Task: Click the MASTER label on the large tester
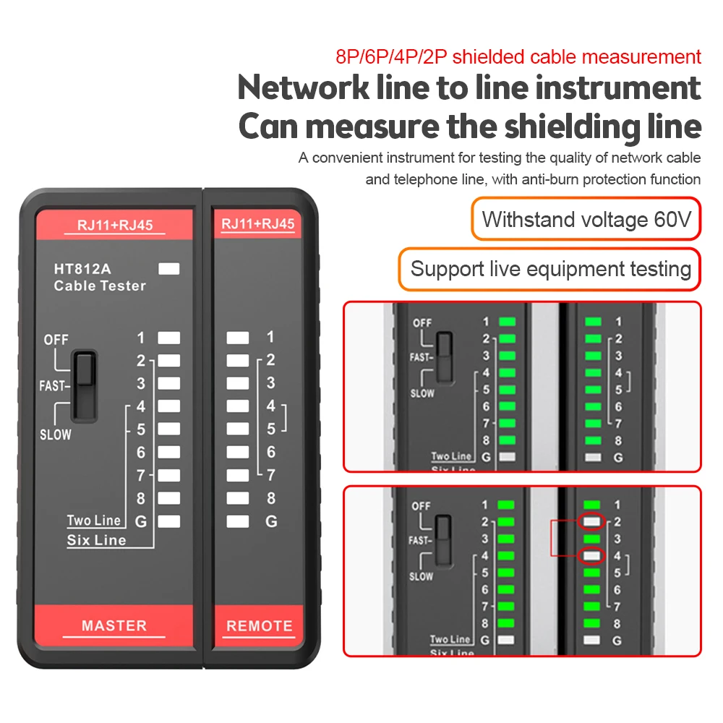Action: tap(114, 626)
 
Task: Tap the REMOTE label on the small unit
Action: tap(260, 626)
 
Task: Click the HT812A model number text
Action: tap(82, 269)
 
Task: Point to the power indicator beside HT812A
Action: tap(168, 269)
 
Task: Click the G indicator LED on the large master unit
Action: tap(168, 521)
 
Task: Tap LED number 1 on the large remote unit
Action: tap(237, 338)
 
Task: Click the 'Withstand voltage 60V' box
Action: tap(586, 219)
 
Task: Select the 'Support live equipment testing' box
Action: tap(550, 270)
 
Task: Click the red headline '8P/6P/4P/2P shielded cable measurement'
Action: tap(518, 56)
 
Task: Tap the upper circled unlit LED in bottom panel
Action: tap(593, 521)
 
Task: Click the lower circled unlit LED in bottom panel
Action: tap(593, 556)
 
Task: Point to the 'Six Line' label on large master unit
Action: tap(96, 540)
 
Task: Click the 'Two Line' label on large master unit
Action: tap(94, 521)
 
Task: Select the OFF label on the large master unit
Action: tap(56, 340)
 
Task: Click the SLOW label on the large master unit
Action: tap(55, 435)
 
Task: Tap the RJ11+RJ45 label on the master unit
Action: tap(114, 225)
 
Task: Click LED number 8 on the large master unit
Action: tap(168, 498)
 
